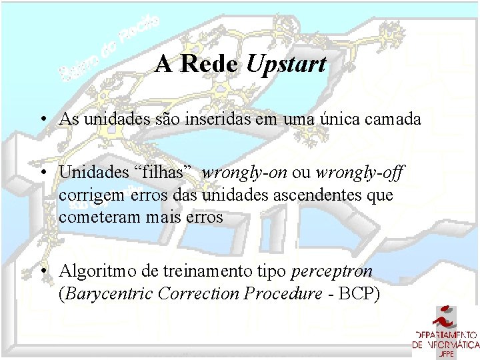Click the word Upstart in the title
287,64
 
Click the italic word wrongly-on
244,172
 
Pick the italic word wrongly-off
360,172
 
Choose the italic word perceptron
332,272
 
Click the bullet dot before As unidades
42,120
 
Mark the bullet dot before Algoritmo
42,272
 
